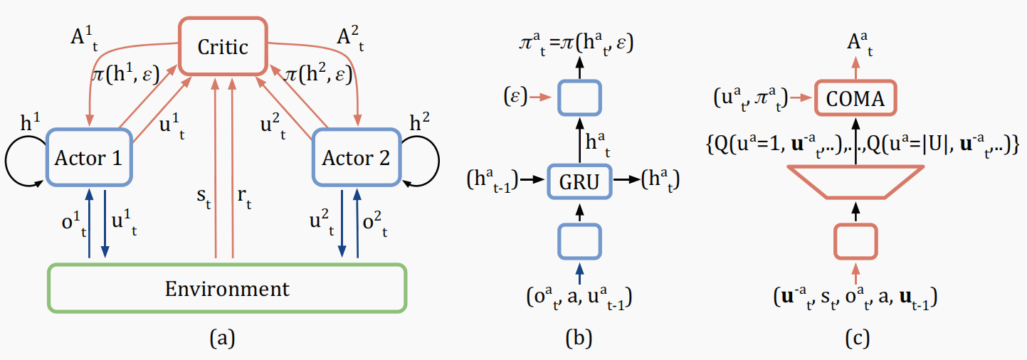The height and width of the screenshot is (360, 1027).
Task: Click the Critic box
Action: coord(223,46)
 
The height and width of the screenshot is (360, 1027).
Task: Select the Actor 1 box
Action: coord(88,157)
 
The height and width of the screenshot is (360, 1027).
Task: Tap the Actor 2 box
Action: coord(355,157)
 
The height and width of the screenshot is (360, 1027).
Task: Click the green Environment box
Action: coord(226,289)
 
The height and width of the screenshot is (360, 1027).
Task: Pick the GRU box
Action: coord(579,182)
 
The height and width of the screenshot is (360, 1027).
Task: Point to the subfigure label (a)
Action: coord(221,339)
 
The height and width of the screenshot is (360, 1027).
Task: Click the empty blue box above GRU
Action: coord(579,98)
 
